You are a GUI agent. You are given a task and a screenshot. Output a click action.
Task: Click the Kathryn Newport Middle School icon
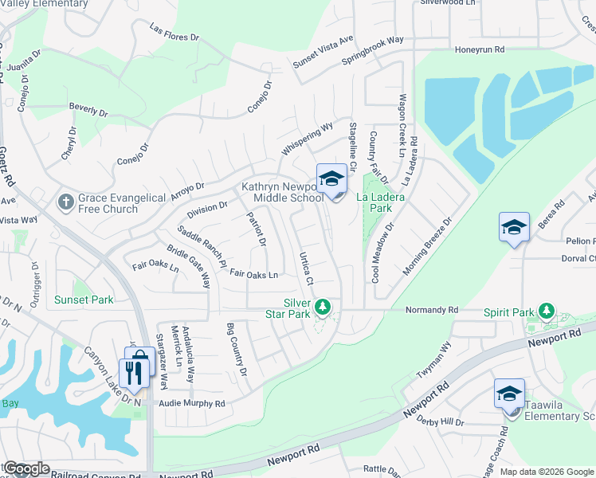(331, 179)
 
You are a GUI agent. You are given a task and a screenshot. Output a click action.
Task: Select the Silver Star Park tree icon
(322, 307)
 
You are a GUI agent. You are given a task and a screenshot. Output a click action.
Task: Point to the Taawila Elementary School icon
(509, 394)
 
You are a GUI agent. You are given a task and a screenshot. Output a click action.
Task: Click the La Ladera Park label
(381, 202)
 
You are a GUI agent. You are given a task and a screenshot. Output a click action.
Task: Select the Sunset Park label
(84, 300)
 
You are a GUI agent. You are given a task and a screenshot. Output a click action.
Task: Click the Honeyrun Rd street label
(480, 49)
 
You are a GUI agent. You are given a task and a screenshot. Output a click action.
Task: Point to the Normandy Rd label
(431, 309)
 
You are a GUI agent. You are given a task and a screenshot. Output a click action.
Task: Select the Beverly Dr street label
(88, 110)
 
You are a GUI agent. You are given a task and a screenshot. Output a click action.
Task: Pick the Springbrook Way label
(373, 49)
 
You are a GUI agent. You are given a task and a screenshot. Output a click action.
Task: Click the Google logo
(26, 469)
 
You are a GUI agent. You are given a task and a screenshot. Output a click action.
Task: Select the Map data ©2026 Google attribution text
(546, 472)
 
